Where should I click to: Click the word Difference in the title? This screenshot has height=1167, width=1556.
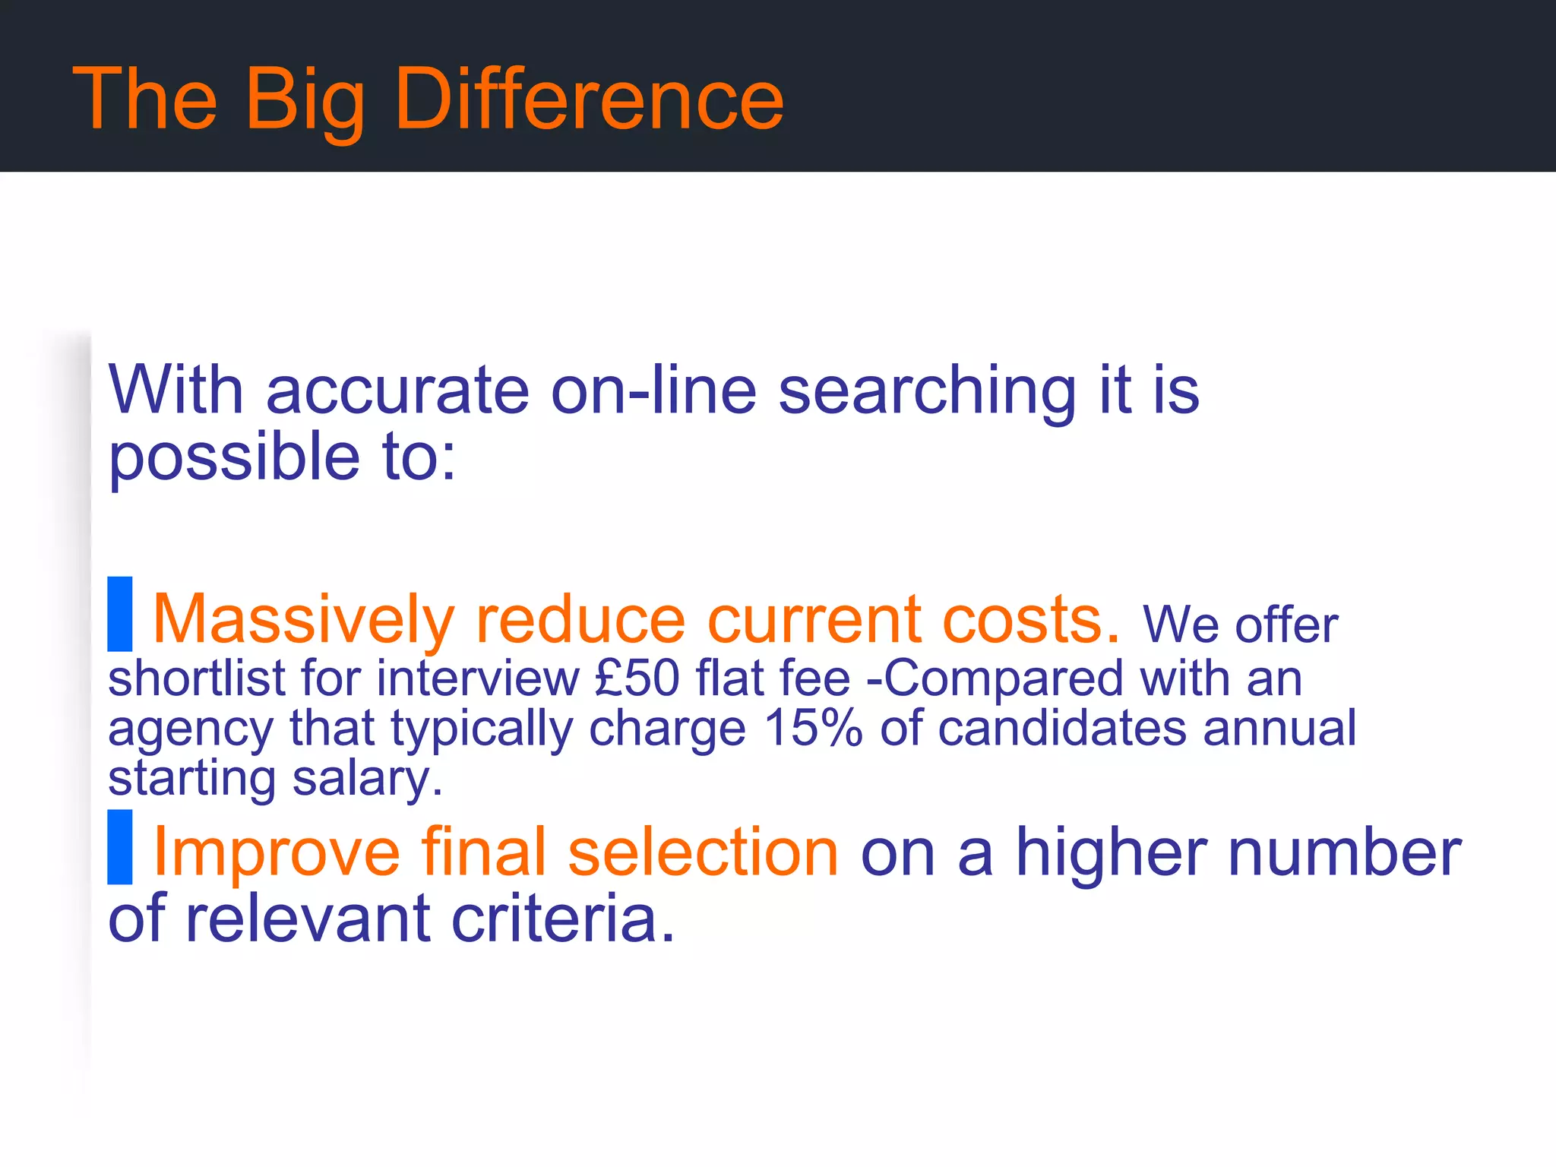click(589, 99)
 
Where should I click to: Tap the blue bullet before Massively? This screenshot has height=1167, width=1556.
click(120, 614)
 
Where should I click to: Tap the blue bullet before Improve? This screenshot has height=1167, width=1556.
click(120, 847)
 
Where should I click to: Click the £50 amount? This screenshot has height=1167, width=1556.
click(637, 678)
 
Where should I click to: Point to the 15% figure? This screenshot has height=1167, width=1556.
click(813, 728)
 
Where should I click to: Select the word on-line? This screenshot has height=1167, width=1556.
click(653, 391)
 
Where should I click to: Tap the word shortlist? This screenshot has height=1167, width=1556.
click(197, 678)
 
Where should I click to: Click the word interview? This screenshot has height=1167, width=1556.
click(478, 678)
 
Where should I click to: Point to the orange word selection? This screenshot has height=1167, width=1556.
click(703, 852)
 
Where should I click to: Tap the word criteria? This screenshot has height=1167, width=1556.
click(562, 919)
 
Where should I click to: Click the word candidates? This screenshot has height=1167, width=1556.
click(1061, 728)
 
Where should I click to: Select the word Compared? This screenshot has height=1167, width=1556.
click(1003, 678)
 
